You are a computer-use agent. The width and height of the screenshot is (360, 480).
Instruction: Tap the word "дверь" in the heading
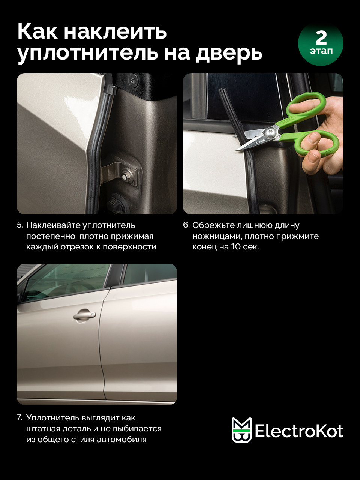229,53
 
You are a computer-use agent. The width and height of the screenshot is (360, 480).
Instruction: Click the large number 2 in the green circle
321,38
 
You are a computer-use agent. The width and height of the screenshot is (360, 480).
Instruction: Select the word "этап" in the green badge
321,51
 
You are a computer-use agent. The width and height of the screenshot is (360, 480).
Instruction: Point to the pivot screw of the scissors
269,132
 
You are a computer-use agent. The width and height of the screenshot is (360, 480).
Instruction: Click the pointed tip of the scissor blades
236,150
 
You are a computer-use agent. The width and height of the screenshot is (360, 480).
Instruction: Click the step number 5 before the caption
19,225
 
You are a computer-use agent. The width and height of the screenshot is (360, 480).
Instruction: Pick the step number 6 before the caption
186,225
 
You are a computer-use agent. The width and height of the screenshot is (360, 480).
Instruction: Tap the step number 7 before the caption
19,418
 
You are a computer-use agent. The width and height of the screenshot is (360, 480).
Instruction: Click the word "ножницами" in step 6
216,236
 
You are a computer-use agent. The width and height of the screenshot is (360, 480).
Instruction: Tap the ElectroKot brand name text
299,432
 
